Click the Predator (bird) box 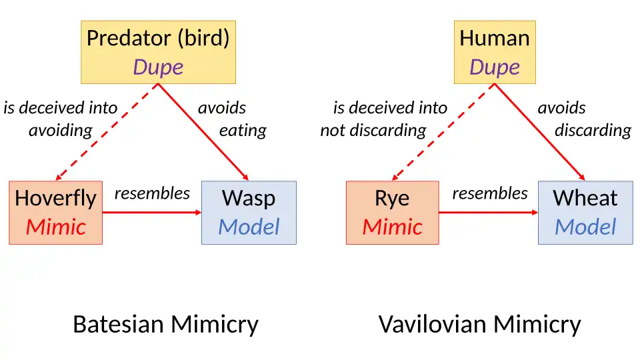(158, 51)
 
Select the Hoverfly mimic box (55, 212)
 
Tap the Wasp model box (249, 212)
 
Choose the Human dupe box (495, 51)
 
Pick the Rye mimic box (392, 212)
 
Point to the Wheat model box (585, 212)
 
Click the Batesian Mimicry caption (165, 325)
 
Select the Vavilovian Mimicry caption (479, 325)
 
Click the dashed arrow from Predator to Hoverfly (107, 132)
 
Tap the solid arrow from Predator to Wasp (203, 132)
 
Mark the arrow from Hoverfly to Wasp (152, 213)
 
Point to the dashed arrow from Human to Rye (443, 132)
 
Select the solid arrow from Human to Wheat (540, 132)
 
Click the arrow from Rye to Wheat (489, 213)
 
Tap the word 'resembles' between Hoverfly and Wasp (152, 193)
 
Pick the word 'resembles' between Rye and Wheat (489, 193)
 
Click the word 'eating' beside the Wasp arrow (243, 130)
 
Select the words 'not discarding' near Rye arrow (373, 130)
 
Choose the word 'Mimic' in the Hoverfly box (55, 227)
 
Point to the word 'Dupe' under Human (495, 67)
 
